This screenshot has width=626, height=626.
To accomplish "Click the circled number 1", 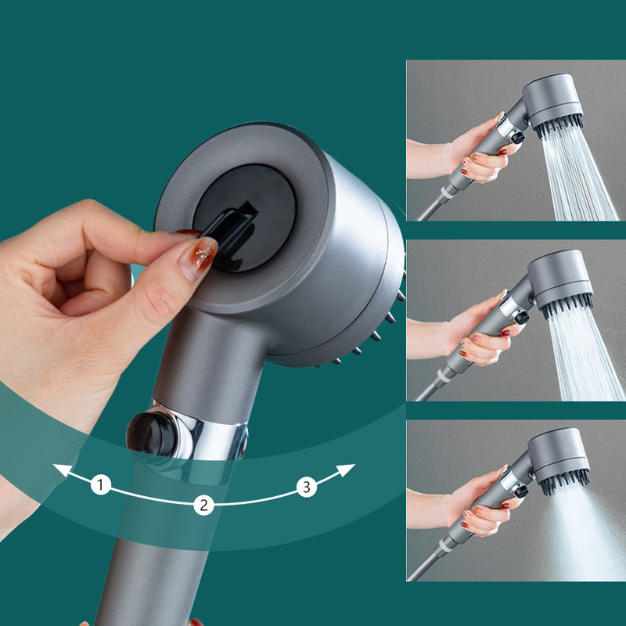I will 100,485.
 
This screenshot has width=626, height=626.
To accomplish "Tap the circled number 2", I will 204,505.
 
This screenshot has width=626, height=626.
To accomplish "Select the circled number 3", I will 306,487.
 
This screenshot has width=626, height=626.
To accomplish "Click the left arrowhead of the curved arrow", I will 57,470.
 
